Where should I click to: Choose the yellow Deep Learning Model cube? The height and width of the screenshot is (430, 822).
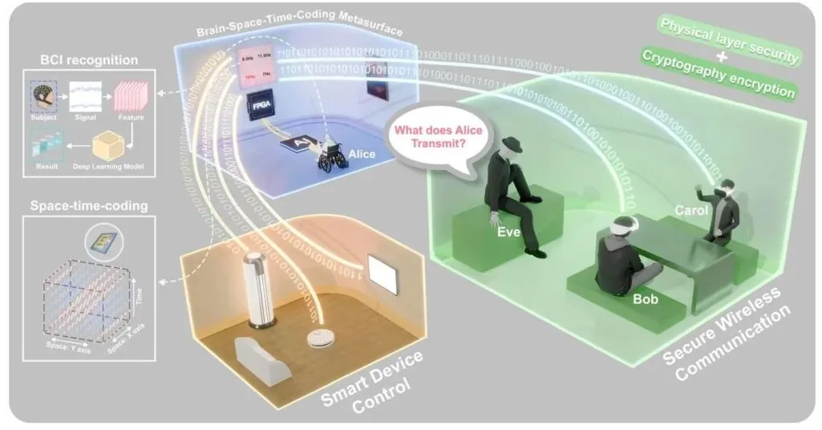109,146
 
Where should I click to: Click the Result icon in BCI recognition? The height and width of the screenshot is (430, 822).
46,147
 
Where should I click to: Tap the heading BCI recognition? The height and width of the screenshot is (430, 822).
75,59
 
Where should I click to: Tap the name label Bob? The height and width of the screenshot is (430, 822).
645,299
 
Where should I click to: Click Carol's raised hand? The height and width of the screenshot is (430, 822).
699,194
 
